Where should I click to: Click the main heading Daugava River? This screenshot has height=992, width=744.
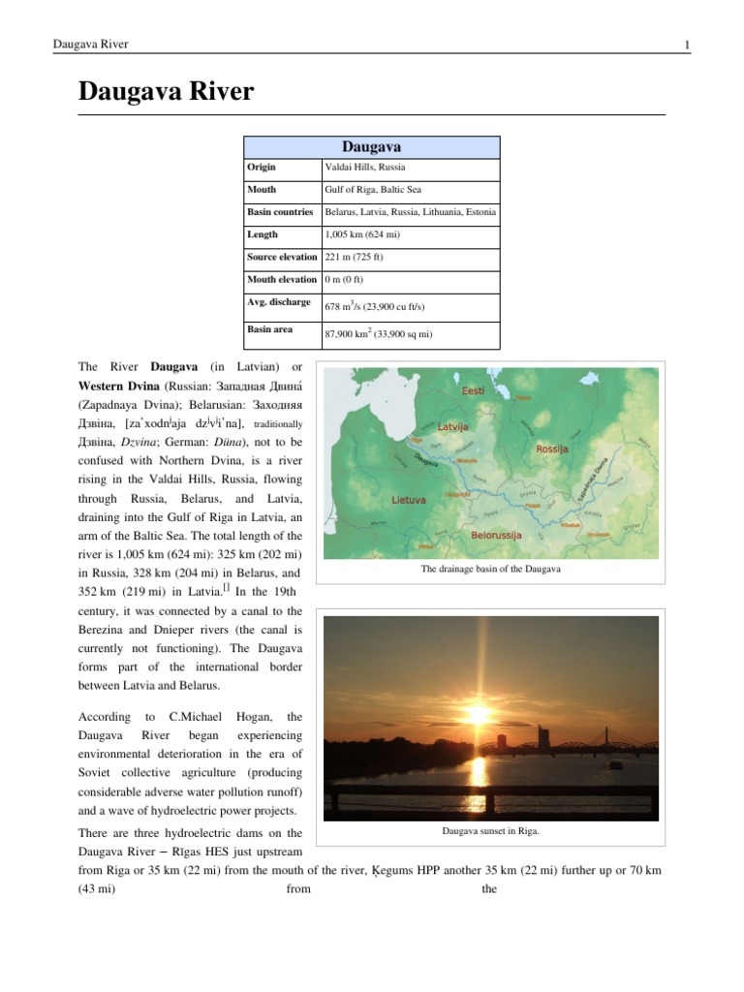[x=166, y=92]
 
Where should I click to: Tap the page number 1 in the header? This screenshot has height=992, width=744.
[x=686, y=45]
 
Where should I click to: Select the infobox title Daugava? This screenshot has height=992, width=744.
[x=372, y=147]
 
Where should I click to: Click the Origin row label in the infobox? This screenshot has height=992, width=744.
[x=262, y=169]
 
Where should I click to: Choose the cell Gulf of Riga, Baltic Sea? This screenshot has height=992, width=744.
[x=373, y=191]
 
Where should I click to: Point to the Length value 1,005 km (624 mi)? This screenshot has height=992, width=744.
[x=366, y=235]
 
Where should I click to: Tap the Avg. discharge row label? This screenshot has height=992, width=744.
[x=278, y=302]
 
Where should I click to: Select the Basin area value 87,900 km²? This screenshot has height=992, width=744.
[x=379, y=334]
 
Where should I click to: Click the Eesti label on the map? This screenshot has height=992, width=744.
[x=474, y=390]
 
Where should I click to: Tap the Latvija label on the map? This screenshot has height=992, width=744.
[x=453, y=426]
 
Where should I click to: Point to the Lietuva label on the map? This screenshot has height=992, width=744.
[x=409, y=501]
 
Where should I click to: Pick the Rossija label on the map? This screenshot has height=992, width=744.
[x=557, y=449]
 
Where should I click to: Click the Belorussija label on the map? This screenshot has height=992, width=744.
[x=496, y=535]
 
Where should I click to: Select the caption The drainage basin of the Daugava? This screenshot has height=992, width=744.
[x=491, y=570]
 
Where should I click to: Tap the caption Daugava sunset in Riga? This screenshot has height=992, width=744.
[x=490, y=831]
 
